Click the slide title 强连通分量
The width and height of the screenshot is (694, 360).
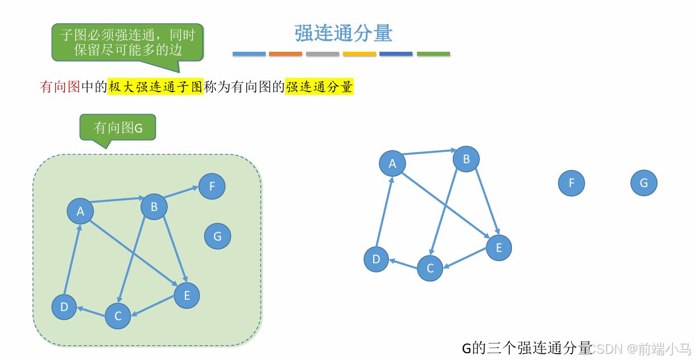click(343, 34)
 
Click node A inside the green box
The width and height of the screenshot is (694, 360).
click(80, 211)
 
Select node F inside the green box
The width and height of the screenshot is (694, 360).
click(212, 186)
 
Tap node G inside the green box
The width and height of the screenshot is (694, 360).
click(217, 236)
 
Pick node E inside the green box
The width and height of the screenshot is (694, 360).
click(187, 295)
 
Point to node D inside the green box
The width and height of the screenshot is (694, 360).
click(64, 307)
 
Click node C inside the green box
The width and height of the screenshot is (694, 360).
click(118, 316)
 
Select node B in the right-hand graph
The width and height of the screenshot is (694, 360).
click(466, 159)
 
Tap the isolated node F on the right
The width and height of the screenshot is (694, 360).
click(571, 183)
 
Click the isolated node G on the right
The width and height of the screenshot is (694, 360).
click(643, 183)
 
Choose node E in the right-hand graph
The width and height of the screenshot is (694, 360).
click(499, 247)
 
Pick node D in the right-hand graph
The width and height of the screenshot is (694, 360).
click(376, 259)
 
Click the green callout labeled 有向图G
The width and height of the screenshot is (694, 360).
click(118, 127)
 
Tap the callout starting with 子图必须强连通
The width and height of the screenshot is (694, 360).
click(127, 42)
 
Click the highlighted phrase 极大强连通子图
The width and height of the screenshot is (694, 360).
click(155, 87)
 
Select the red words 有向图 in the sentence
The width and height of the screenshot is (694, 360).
click(60, 87)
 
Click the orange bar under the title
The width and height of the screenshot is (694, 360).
click(286, 54)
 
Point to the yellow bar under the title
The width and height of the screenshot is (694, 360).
click(360, 54)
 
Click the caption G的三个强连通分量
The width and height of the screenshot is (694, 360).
click(526, 347)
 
